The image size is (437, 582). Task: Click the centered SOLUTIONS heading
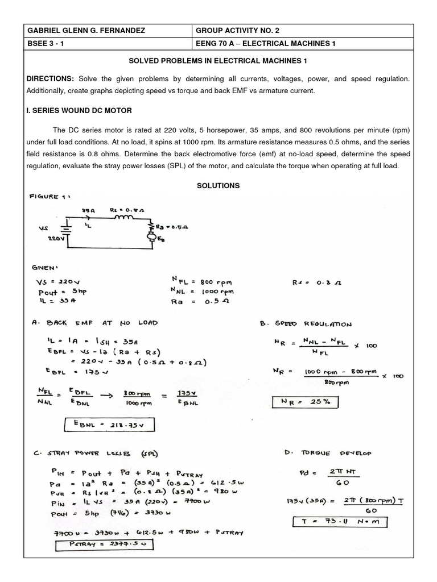(x=218, y=186)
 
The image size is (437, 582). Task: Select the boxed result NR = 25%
(x=305, y=403)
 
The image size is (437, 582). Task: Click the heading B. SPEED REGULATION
(x=305, y=325)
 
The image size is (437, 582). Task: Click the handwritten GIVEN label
(x=46, y=266)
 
